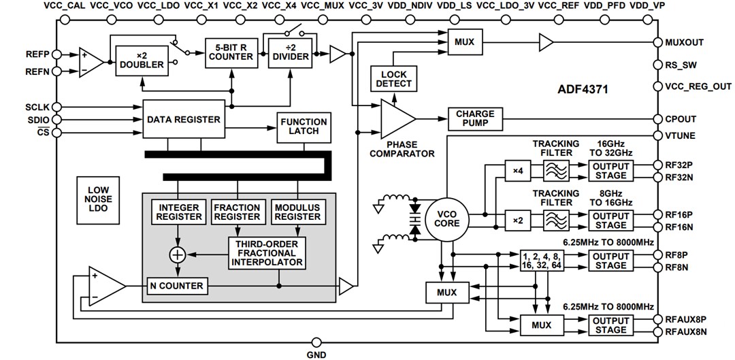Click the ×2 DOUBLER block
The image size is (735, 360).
(x=142, y=60)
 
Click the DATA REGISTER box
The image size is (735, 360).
(x=183, y=119)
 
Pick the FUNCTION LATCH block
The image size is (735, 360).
(x=304, y=127)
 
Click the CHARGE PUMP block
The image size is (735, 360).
(x=475, y=119)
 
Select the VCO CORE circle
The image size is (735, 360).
(x=446, y=218)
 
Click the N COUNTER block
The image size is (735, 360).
(x=176, y=286)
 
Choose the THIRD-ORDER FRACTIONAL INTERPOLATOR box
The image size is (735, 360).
(x=267, y=252)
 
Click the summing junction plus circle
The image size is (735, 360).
(x=178, y=254)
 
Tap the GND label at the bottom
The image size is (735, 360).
(x=316, y=355)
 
